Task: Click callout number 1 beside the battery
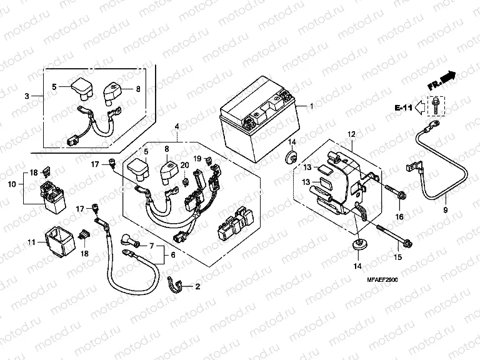tap(311, 107)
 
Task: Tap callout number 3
tap(27, 96)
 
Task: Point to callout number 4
tap(177, 126)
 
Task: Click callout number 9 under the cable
tap(446, 210)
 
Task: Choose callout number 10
tap(11, 184)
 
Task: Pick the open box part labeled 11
tap(55, 241)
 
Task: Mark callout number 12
tap(351, 134)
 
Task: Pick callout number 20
tap(184, 164)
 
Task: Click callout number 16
tap(399, 216)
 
